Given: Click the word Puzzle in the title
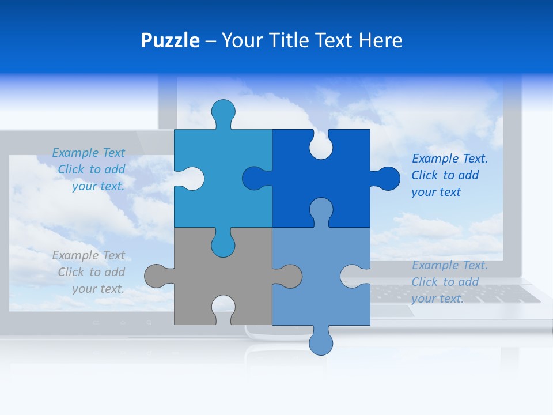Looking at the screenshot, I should [170, 41].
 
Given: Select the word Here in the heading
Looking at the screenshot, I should [380, 41].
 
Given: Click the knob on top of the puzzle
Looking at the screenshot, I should [224, 112].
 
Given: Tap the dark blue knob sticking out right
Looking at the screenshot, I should [387, 179].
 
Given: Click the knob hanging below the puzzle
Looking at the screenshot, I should [321, 342].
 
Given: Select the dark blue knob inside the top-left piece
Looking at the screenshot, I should [255, 179].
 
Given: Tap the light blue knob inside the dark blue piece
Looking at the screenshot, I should [321, 210].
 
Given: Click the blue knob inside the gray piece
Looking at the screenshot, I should [224, 243].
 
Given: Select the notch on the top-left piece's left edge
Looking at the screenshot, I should [191, 179].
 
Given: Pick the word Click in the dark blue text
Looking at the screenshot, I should [425, 175].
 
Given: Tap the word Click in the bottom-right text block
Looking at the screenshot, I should [425, 282].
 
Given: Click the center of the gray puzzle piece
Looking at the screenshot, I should [224, 276].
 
